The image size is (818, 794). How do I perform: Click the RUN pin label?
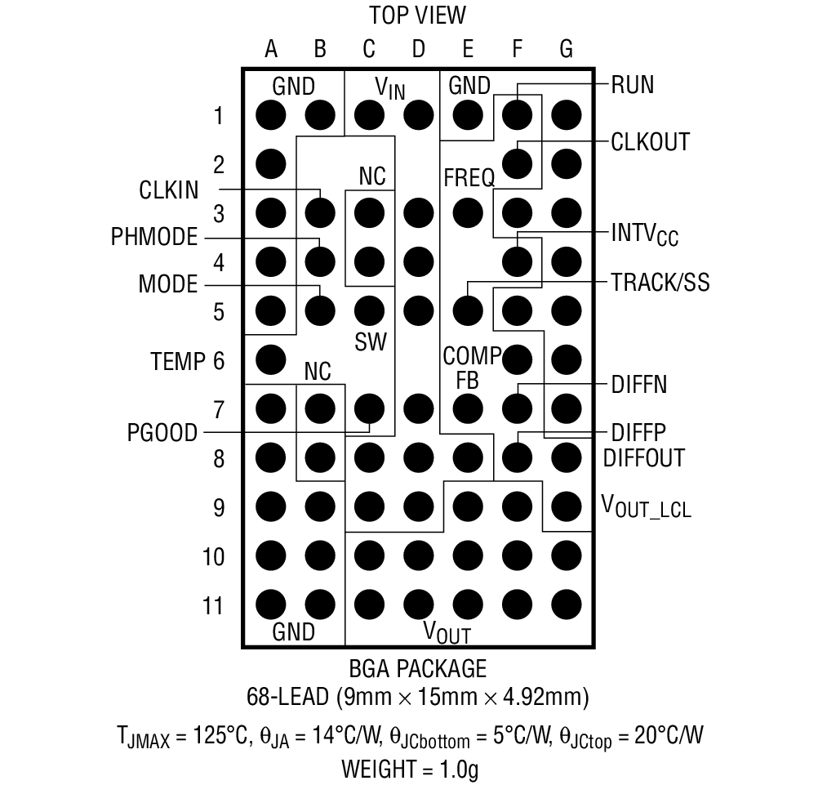(x=632, y=84)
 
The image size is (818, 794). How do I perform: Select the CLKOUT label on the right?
(x=650, y=141)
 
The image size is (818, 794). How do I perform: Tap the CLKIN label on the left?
(x=169, y=190)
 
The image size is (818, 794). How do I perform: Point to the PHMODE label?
(x=154, y=237)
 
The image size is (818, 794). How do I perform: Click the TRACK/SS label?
(x=660, y=283)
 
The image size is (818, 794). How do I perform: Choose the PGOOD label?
(x=162, y=432)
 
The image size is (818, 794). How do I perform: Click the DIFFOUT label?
(x=643, y=457)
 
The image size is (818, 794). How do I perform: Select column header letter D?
(x=418, y=50)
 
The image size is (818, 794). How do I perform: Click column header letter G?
(x=566, y=50)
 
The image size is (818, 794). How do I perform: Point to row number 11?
(x=213, y=606)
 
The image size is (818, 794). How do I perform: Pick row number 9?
(x=218, y=508)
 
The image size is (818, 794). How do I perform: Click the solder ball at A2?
(x=271, y=164)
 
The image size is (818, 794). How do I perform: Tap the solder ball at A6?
(x=271, y=359)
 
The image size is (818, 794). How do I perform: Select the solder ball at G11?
(x=566, y=604)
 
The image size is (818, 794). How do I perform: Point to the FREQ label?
(x=469, y=176)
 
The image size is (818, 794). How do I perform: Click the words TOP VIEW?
(x=418, y=16)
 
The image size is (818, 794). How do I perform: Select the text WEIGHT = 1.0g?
(x=410, y=769)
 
